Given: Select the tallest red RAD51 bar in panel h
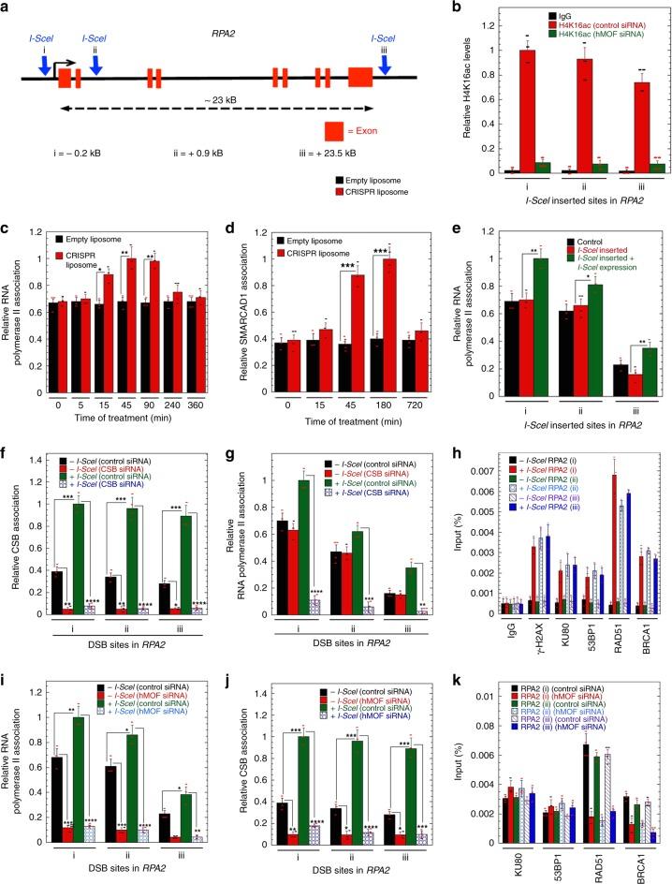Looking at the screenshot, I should (x=616, y=544).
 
